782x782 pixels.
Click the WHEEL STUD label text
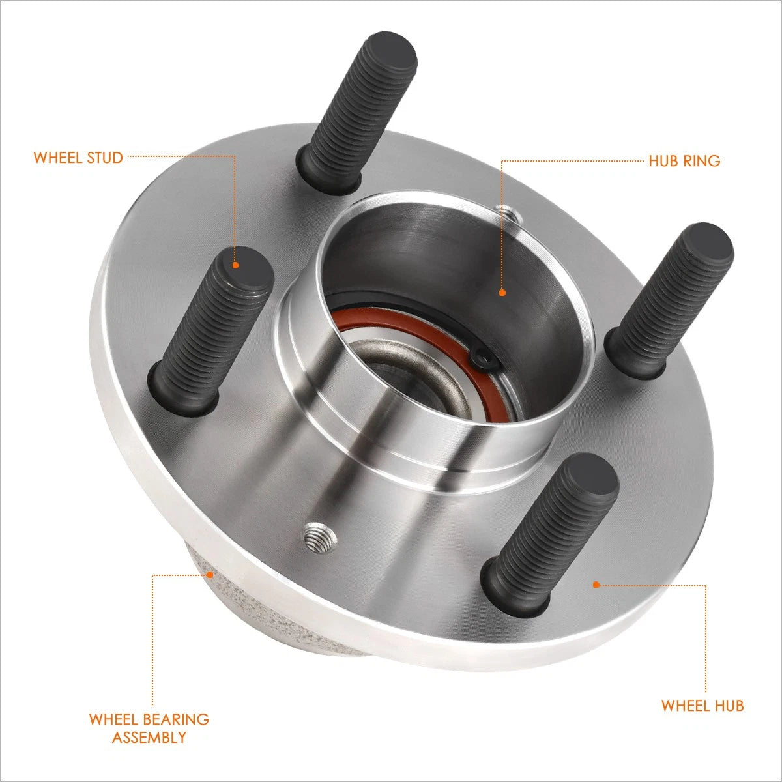[78, 158]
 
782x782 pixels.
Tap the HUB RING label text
[684, 161]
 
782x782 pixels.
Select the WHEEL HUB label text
[702, 706]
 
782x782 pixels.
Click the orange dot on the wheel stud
[236, 265]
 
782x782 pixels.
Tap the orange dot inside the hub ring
[502, 292]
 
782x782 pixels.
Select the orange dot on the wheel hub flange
[596, 585]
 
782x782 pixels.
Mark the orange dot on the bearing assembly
[210, 574]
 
